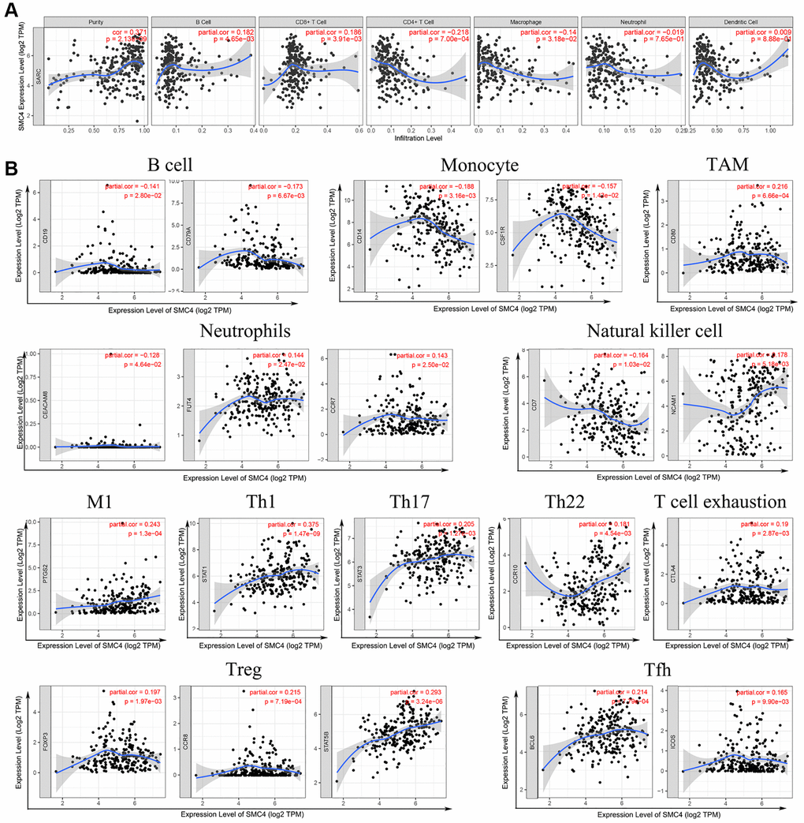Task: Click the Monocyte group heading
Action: [480, 166]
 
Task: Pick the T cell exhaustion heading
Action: [720, 503]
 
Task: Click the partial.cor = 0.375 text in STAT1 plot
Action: [292, 525]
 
